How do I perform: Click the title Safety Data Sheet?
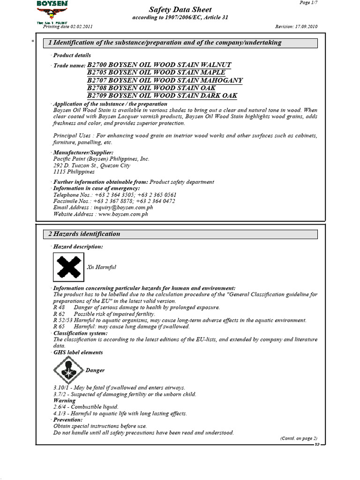click(180, 10)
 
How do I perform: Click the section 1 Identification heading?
click(165, 43)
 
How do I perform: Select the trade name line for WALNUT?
click(159, 65)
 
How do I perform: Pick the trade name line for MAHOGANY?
click(165, 80)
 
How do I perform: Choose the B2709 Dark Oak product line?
click(162, 96)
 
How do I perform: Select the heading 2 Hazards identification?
click(84, 234)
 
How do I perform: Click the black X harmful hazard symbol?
click(68, 267)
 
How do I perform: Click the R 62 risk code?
click(59, 314)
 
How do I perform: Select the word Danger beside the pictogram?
click(95, 370)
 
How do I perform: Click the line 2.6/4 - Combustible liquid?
click(86, 407)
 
